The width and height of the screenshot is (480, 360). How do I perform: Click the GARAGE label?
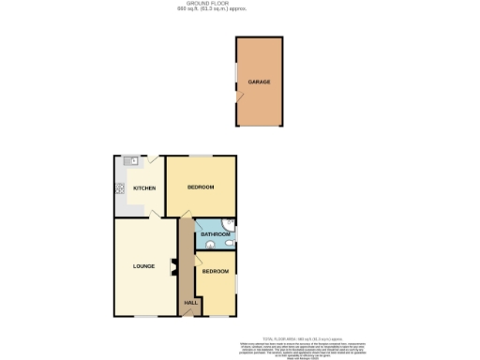pyautogui.click(x=259, y=82)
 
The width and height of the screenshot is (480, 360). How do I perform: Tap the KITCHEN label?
pyautogui.click(x=143, y=188)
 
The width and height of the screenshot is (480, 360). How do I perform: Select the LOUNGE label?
pyautogui.click(x=142, y=268)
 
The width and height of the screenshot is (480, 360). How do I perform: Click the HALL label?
pyautogui.click(x=190, y=303)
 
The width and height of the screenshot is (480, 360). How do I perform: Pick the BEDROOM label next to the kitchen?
pyautogui.click(x=201, y=187)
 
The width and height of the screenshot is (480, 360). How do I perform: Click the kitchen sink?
pyautogui.click(x=134, y=162)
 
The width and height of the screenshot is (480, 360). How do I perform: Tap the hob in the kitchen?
pyautogui.click(x=121, y=187)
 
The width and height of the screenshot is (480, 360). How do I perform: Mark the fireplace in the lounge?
pyautogui.click(x=172, y=268)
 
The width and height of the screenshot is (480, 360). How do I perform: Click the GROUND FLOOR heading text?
pyautogui.click(x=240, y=4)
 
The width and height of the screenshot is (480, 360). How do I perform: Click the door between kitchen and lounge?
pyautogui.click(x=154, y=216)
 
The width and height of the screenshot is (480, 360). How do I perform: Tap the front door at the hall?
pyautogui.click(x=190, y=316)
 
